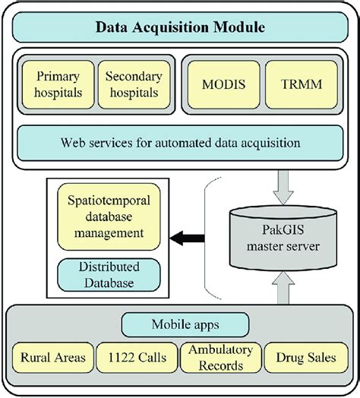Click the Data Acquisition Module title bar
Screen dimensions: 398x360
point(179,29)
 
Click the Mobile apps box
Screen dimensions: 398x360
point(179,324)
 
